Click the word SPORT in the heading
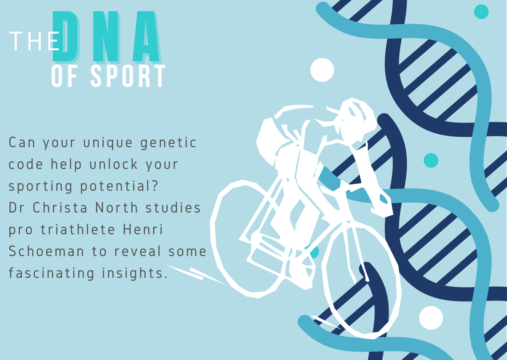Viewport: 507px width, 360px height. click(128, 76)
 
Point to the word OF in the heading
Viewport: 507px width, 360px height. click(64, 76)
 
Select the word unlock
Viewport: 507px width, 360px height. click(113, 164)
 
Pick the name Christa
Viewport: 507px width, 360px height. click(60, 208)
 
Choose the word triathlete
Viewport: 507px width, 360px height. click(78, 230)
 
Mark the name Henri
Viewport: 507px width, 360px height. click(143, 230)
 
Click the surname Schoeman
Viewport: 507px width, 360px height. click(46, 251)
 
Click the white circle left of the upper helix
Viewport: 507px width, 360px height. click(322, 70)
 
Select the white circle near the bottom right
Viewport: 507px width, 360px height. click(431, 318)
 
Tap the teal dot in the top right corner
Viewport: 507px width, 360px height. click(481, 12)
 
